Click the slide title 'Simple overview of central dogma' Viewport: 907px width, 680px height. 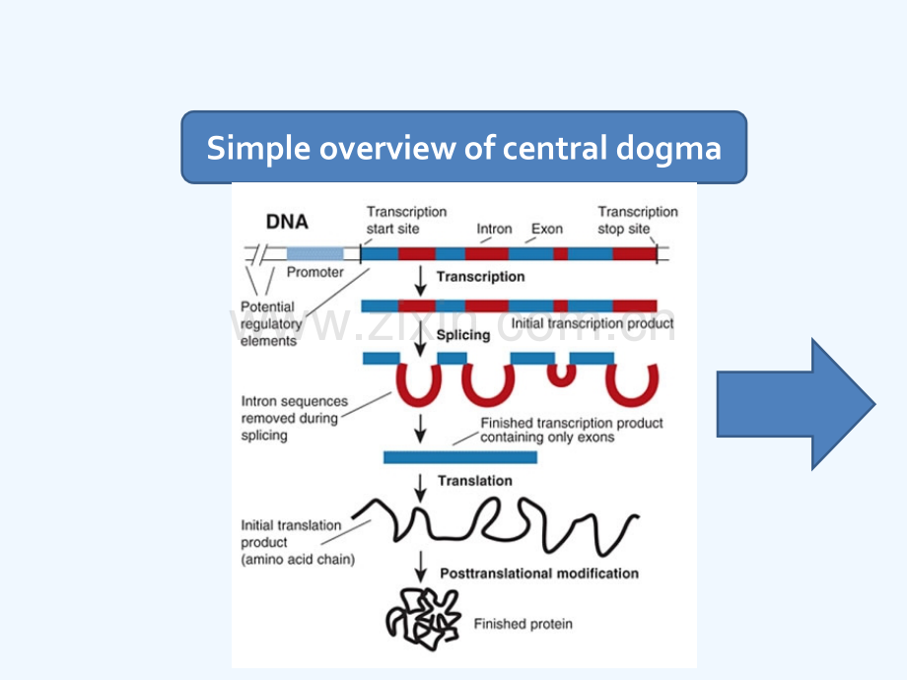(463, 149)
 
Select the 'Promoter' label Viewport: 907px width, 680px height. (314, 273)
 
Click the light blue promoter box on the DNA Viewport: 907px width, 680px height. (315, 253)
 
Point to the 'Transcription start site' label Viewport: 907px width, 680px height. (406, 220)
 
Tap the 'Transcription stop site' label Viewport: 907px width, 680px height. (638, 220)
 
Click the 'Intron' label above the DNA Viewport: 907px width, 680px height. (494, 229)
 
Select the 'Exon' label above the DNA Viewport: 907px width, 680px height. (547, 229)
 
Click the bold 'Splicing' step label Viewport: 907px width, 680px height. (463, 335)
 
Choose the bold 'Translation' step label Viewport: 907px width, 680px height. (475, 481)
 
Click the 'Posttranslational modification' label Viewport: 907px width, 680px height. (539, 574)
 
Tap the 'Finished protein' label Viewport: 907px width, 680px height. (523, 624)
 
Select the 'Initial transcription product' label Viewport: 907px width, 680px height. (593, 323)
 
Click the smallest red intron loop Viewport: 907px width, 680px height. (561, 373)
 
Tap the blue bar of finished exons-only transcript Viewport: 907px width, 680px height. (459, 457)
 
